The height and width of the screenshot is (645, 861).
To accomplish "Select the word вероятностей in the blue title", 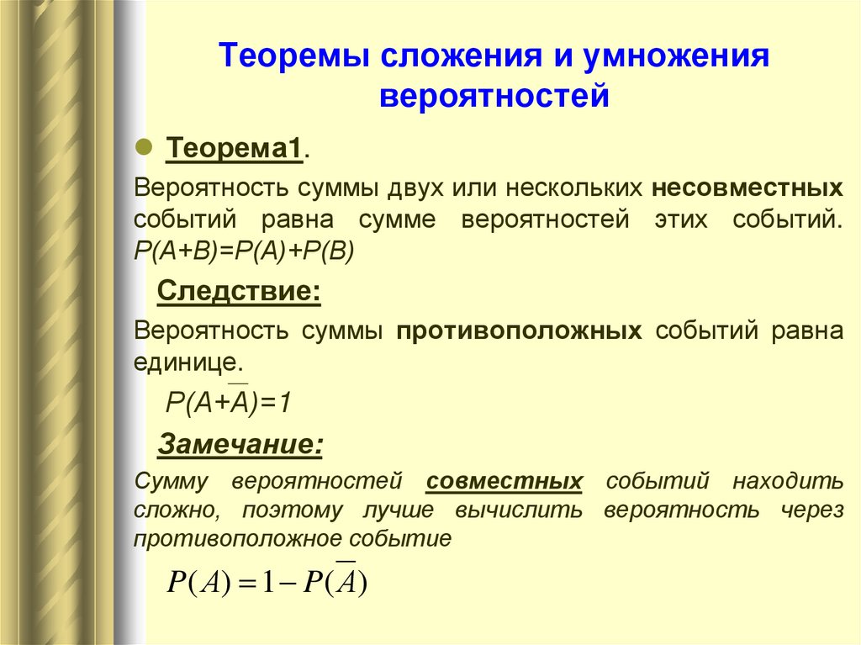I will click(x=494, y=95).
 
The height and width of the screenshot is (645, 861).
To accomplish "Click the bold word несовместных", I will click(x=746, y=186).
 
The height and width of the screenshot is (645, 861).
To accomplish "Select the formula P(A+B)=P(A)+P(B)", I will click(x=245, y=251).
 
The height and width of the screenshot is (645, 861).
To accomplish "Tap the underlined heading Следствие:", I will click(x=239, y=293).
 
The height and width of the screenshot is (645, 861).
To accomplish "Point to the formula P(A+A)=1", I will click(x=228, y=402).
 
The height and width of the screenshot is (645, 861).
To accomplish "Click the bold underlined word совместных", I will click(x=504, y=482).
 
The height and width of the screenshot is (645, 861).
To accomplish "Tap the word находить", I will click(x=787, y=482).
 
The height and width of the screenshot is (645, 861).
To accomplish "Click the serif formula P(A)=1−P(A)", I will click(x=268, y=582).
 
